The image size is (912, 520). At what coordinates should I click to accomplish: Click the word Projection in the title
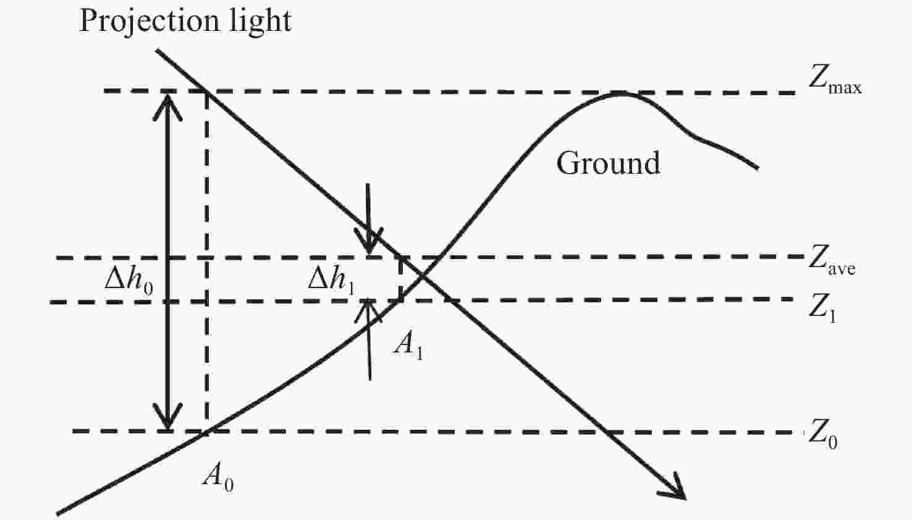tap(150, 21)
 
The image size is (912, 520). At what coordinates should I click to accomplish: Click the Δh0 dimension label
tap(129, 281)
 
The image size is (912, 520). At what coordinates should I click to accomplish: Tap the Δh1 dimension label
tap(331, 281)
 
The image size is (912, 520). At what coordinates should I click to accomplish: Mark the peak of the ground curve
tap(621, 94)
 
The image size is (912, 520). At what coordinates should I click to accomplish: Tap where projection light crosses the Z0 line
tap(606, 432)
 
